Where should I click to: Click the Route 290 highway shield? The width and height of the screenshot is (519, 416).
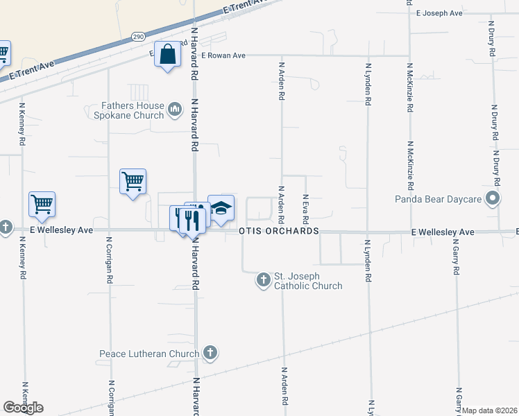click(x=137, y=36)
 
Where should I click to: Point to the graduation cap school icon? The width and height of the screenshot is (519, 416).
click(x=221, y=208)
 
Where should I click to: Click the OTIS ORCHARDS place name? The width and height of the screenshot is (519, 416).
click(x=278, y=231)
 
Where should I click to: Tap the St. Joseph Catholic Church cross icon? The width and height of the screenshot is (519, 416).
click(x=263, y=280)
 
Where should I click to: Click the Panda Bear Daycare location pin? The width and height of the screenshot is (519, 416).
click(x=493, y=200)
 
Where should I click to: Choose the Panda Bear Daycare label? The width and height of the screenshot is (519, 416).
click(x=438, y=200)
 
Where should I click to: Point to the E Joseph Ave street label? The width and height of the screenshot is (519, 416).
click(x=439, y=13)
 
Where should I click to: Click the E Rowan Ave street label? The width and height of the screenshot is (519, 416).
click(x=223, y=55)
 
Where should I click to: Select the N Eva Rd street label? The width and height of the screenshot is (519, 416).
click(x=305, y=205)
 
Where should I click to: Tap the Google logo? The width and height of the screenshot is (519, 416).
click(x=23, y=408)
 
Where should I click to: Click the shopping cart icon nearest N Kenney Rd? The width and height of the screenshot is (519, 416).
click(x=42, y=205)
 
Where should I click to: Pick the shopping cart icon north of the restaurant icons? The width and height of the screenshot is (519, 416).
click(x=133, y=182)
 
